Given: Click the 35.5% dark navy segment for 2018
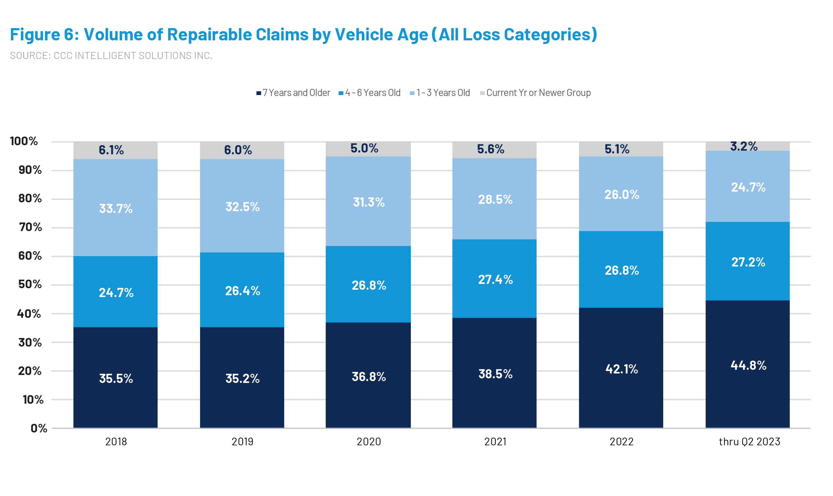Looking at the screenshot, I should click(116, 378).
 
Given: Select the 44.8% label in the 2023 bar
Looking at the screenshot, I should click(748, 365).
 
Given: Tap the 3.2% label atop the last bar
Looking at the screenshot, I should click(743, 146).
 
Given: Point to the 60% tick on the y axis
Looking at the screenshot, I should click(30, 256).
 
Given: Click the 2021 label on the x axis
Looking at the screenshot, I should click(495, 442).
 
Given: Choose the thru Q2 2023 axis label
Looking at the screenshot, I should click(749, 442).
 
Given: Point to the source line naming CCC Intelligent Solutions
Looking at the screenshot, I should click(111, 56).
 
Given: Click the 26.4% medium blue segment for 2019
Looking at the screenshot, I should click(242, 290).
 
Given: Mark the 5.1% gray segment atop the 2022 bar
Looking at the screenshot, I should click(617, 149).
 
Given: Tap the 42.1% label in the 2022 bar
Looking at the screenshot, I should click(622, 369).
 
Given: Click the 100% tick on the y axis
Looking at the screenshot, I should click(24, 141).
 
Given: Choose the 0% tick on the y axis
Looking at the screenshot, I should click(39, 428).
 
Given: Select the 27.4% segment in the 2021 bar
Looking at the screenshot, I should click(495, 279).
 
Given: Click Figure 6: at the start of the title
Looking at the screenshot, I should click(44, 35).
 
